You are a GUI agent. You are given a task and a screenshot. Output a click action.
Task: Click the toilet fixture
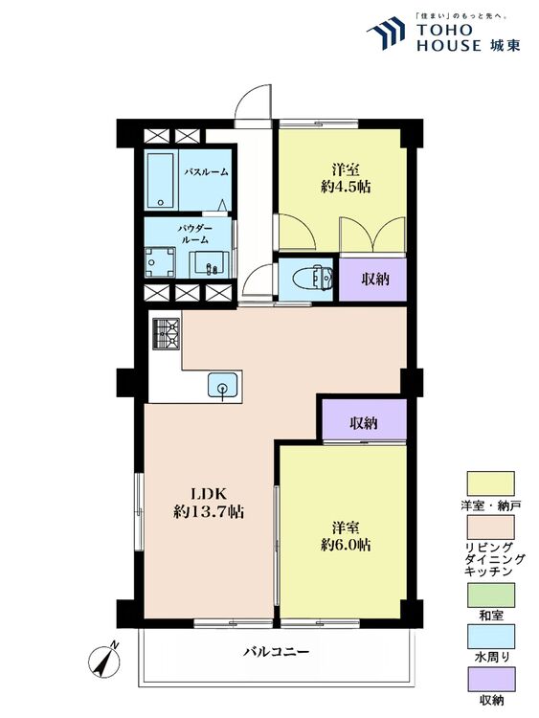(x=317, y=277)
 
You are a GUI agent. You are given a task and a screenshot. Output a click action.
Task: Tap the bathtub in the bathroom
(x=160, y=180)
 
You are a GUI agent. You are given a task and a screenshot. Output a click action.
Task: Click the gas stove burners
(x=166, y=334)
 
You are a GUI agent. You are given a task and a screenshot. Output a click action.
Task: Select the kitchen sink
(x=222, y=385)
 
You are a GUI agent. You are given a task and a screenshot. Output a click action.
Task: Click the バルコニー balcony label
(x=277, y=651)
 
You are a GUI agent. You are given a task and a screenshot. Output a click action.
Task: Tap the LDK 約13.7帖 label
(x=209, y=503)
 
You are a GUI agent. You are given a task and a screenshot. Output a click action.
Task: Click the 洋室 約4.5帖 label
(x=346, y=178)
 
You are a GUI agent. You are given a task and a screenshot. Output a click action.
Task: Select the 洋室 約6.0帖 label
(x=346, y=536)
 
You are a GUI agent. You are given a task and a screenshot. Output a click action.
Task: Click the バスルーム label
(x=206, y=172)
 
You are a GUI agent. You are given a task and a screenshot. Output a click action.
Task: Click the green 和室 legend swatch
(x=490, y=595)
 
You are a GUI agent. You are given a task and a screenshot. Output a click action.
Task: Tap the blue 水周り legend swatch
(x=490, y=637)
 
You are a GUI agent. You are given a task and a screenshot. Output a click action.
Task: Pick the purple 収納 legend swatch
(x=490, y=679)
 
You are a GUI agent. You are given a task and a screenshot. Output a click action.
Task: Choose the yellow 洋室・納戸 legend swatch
(x=490, y=483)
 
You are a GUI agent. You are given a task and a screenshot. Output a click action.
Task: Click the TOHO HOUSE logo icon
(x=386, y=33)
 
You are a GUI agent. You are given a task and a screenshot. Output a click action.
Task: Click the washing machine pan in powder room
(x=160, y=262)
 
